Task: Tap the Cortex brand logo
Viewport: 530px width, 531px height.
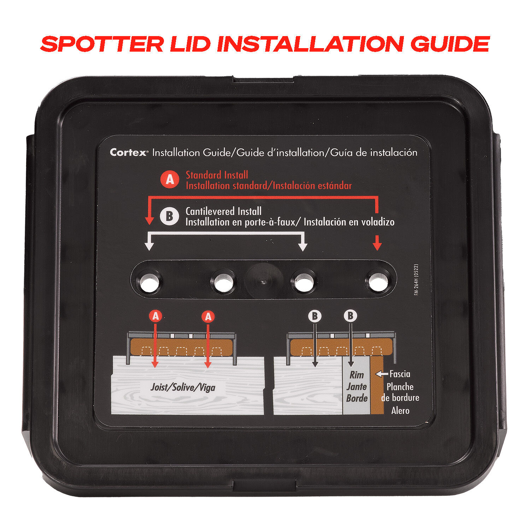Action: click(129, 153)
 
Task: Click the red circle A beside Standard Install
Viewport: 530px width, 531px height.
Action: click(170, 180)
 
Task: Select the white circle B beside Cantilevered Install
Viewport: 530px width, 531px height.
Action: click(169, 216)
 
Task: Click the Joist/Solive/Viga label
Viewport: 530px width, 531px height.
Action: click(183, 387)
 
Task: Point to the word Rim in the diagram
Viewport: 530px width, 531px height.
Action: click(357, 375)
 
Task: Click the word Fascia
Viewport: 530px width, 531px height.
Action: click(400, 374)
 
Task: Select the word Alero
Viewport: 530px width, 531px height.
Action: click(400, 411)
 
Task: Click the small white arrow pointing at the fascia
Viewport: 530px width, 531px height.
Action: click(382, 374)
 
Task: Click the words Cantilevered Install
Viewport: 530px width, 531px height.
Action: click(223, 212)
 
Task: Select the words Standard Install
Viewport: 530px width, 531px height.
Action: click(217, 175)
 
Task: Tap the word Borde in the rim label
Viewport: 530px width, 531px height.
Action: click(357, 398)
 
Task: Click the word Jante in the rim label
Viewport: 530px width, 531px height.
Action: click(357, 387)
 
